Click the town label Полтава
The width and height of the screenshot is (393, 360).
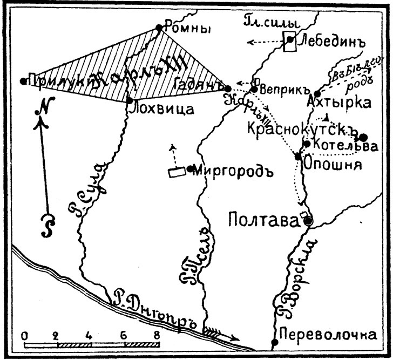tap(263, 220)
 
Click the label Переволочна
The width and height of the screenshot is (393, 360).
tap(328, 335)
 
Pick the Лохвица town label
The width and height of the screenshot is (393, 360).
tap(161, 108)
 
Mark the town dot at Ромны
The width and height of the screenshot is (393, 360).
tap(159, 28)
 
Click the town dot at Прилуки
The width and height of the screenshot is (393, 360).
tap(23, 81)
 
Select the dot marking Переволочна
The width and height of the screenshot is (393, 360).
tap(275, 342)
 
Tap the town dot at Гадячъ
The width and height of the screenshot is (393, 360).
tap(228, 88)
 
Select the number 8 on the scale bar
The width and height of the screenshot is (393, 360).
tap(157, 335)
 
